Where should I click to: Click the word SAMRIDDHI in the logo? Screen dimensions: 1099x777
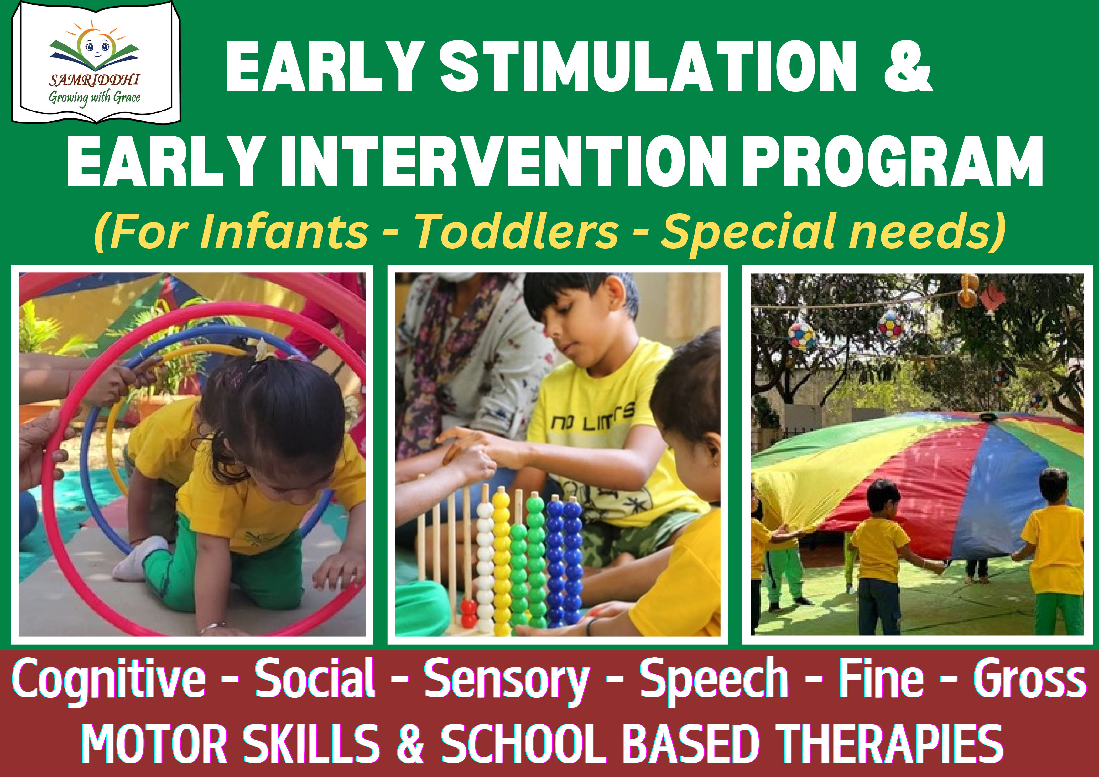[x=94, y=80]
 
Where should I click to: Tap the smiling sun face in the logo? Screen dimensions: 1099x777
[x=95, y=46]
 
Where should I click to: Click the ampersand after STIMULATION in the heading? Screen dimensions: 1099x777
[x=908, y=66]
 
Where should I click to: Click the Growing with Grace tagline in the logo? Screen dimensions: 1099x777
[x=94, y=98]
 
